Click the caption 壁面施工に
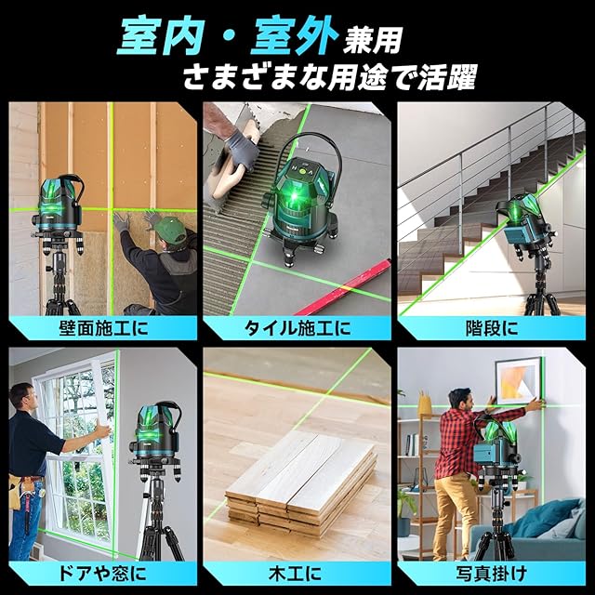click(103, 328)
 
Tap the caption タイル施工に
click(297, 328)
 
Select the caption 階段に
click(492, 328)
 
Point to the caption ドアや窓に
click(102, 573)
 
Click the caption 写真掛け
click(492, 573)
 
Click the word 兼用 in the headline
click(372, 41)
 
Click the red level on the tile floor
click(341, 287)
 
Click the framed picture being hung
click(518, 381)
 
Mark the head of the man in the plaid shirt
click(460, 399)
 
